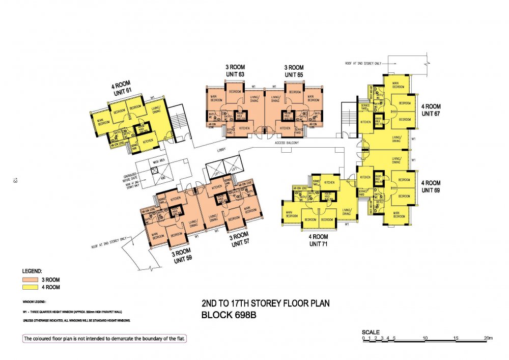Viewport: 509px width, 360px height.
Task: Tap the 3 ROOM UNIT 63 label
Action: click(x=235, y=71)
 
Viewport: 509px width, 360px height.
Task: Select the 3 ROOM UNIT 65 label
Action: click(x=294, y=71)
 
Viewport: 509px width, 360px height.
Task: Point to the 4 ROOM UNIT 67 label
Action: click(x=431, y=110)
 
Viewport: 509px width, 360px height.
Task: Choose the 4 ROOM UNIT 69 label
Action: click(x=431, y=186)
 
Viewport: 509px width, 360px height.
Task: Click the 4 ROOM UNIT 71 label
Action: click(x=319, y=240)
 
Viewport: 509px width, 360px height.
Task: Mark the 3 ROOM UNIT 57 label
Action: click(x=239, y=241)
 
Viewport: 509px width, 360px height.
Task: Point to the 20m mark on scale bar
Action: click(x=489, y=338)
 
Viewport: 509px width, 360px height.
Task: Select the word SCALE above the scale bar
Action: click(x=371, y=331)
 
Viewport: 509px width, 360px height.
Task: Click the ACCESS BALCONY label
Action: click(x=287, y=144)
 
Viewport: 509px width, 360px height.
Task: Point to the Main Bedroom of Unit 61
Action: click(x=103, y=122)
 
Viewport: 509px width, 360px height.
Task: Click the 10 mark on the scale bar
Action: click(x=426, y=338)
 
